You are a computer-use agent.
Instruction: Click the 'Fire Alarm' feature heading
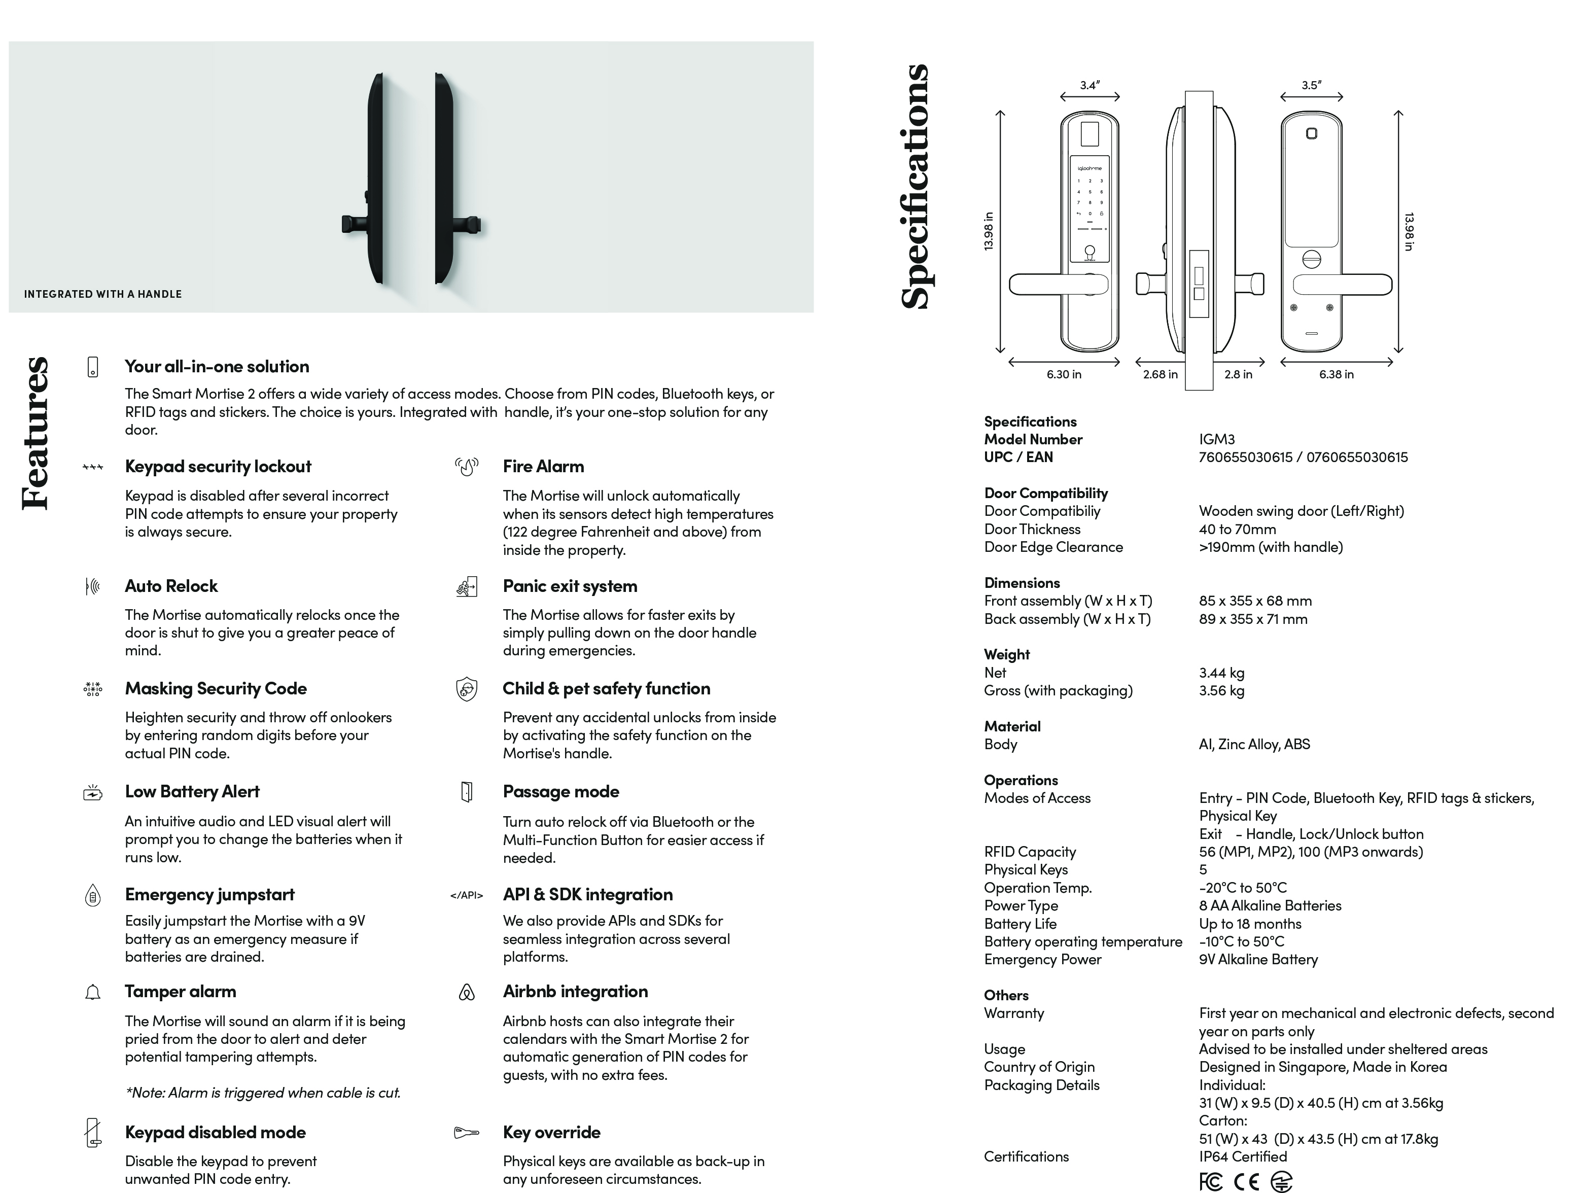point(543,467)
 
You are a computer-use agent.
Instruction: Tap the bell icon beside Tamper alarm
point(93,993)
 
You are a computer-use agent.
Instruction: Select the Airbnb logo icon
point(467,993)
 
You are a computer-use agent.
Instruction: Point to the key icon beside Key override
point(466,1133)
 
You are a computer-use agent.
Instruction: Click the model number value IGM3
point(1216,440)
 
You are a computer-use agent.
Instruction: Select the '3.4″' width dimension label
point(1090,85)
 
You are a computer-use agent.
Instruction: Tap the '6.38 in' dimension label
point(1336,374)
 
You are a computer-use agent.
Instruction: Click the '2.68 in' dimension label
point(1160,374)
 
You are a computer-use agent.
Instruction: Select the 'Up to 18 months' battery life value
point(1250,924)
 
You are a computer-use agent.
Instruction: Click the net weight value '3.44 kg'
point(1221,673)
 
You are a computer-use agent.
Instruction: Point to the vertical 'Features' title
point(36,433)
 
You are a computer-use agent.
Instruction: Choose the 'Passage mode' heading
point(561,792)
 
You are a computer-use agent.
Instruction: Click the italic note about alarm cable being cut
point(262,1093)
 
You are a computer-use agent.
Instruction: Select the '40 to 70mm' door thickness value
point(1237,530)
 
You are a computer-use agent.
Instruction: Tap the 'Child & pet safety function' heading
point(606,689)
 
